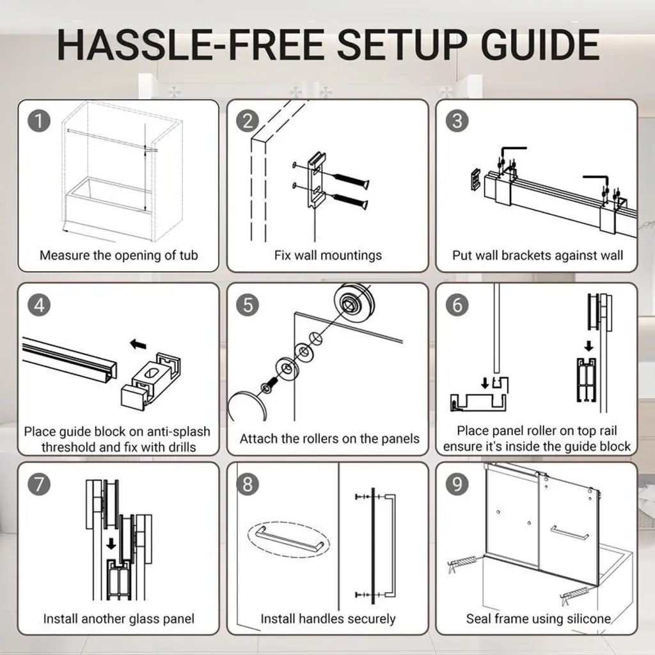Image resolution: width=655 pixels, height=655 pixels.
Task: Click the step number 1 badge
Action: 39,121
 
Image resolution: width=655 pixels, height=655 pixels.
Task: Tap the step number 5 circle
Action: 248,304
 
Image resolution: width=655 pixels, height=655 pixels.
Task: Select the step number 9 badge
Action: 457,484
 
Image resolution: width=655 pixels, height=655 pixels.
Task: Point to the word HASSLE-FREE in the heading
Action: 191,45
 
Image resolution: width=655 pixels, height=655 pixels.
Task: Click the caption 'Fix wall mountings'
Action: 328,255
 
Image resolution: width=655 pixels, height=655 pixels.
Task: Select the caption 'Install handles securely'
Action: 328,619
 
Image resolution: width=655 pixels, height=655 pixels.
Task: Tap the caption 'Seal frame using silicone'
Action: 539,619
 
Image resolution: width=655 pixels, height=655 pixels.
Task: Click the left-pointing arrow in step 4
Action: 138,344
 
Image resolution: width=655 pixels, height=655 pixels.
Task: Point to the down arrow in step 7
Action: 111,544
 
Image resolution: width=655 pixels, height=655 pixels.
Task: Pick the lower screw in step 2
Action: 350,201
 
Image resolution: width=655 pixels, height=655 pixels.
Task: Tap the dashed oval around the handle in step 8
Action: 289,523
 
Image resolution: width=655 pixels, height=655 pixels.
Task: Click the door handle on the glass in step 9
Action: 569,533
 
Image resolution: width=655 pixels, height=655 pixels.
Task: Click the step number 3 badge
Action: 457,121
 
